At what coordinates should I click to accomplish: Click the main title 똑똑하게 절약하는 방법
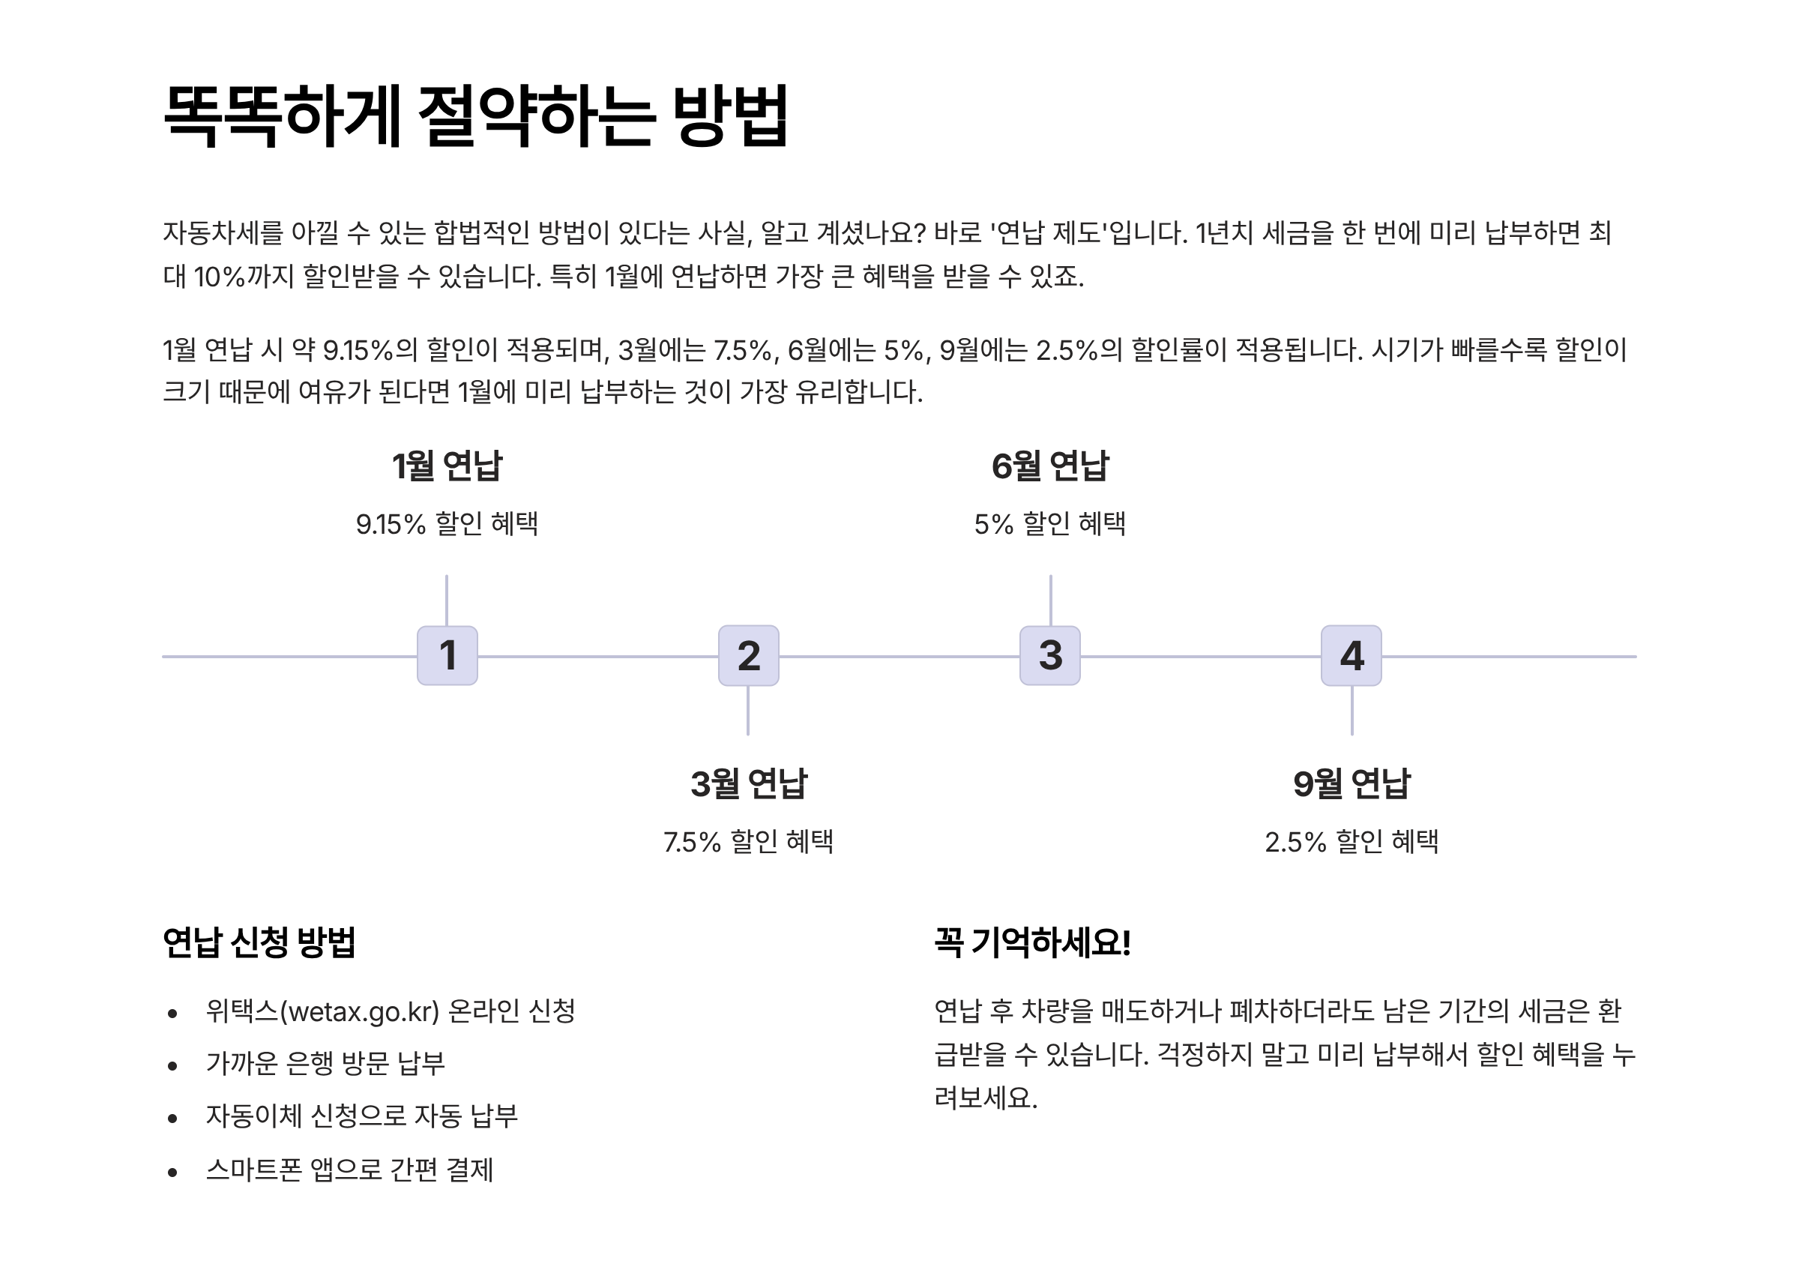475,115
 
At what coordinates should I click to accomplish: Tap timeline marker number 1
447,655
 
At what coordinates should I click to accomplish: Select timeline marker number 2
748,655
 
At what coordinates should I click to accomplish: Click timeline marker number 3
1049,655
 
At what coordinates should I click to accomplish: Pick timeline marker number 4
1351,655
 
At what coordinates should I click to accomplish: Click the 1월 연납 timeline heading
447,466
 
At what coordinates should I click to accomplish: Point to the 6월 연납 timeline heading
1049,466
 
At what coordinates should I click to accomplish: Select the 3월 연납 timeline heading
748,783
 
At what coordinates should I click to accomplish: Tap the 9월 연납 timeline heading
1351,783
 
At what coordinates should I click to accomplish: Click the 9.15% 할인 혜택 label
447,523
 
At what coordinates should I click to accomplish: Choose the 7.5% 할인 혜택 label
748,841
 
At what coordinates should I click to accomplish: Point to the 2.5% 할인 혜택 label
1351,841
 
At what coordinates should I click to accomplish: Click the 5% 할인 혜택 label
1049,523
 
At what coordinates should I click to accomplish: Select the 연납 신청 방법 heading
259,942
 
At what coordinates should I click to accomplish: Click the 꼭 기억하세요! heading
1032,942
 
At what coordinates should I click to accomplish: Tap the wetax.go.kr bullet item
391,1011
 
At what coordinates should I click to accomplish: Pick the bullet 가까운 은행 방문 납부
325,1063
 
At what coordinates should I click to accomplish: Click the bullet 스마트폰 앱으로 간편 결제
349,1170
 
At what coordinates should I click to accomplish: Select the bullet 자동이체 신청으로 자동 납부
361,1116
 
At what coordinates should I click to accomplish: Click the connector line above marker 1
446,601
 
